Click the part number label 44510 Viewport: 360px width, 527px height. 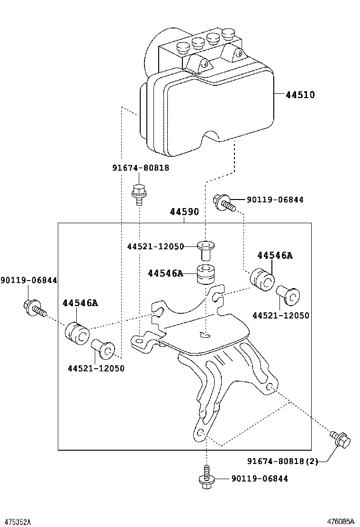pyautogui.click(x=300, y=95)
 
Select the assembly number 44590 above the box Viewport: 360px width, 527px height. pyautogui.click(x=184, y=212)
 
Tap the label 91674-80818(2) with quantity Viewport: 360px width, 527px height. pyautogui.click(x=282, y=461)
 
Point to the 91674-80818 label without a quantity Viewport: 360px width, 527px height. pyautogui.click(x=141, y=168)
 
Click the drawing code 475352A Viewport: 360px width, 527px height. pyautogui.click(x=16, y=521)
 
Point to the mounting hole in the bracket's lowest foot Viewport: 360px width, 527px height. pyautogui.click(x=200, y=433)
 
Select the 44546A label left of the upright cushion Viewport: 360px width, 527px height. pyautogui.click(x=165, y=273)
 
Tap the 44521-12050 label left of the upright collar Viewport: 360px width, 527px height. pyautogui.click(x=155, y=246)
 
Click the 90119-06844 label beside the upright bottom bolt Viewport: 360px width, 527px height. pyautogui.click(x=260, y=479)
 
